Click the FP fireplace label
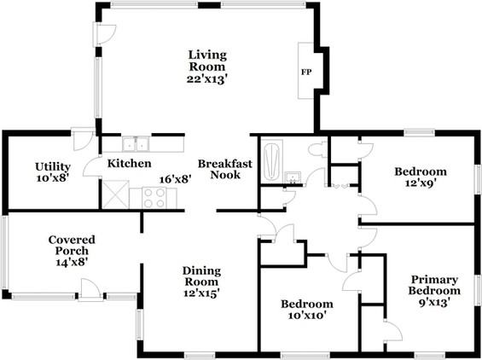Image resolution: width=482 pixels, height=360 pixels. coord(306,73)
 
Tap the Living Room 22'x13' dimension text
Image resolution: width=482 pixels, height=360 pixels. coord(207,79)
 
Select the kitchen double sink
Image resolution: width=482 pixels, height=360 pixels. coord(136,144)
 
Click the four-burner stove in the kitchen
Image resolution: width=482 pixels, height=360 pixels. coord(154,198)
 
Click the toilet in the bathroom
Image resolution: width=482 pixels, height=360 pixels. coord(317,150)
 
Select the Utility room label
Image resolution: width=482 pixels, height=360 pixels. coord(53,167)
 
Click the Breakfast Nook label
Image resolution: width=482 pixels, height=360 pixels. coord(225,169)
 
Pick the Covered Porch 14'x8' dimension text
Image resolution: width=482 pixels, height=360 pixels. coord(72,262)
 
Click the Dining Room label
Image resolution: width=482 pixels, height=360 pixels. coord(201,276)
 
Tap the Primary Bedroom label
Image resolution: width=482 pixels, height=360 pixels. coord(434,285)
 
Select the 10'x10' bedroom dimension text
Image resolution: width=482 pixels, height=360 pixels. coord(307,315)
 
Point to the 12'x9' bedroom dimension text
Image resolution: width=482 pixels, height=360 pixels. coord(421,183)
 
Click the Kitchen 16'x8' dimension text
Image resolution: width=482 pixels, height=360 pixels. coord(176,179)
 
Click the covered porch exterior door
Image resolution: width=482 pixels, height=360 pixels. coord(90,289)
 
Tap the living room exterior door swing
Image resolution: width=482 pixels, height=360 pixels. coord(107,33)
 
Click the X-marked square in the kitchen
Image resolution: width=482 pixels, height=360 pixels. coord(115,195)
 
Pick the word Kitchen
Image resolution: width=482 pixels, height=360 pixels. coord(129,164)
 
